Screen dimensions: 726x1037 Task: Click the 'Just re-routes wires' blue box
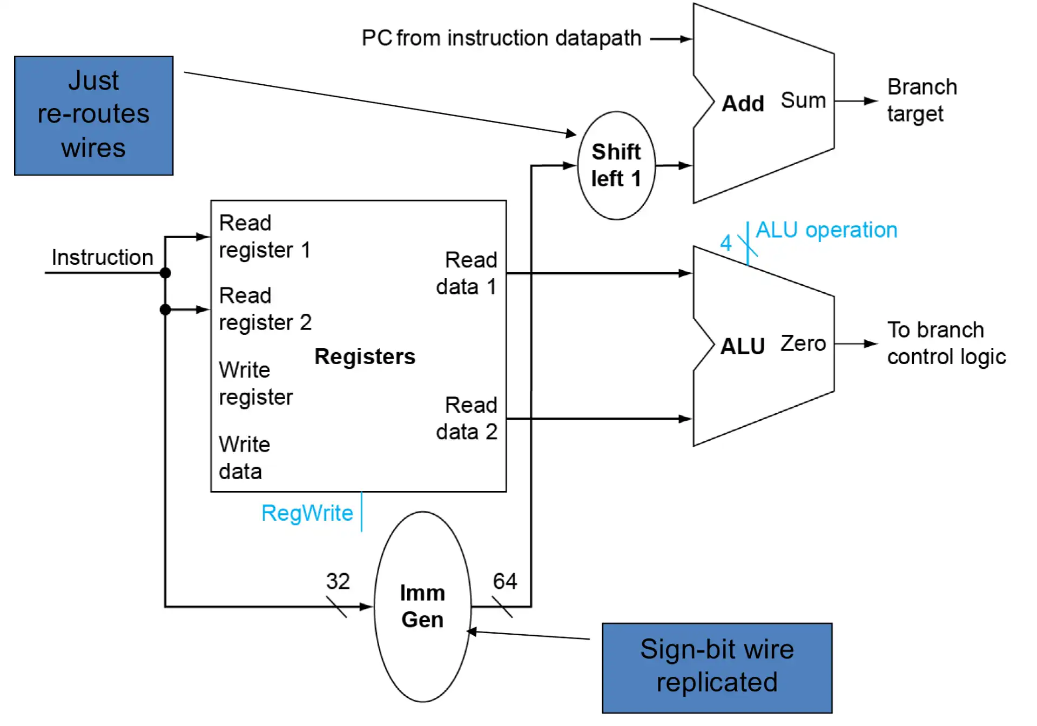pos(93,115)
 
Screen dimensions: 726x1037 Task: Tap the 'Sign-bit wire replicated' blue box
pos(717,668)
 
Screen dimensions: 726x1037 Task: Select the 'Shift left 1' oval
pos(616,165)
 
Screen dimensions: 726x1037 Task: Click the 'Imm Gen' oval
pos(422,606)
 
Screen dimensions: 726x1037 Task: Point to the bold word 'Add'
pos(743,103)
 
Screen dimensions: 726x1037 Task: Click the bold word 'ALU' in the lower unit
pos(742,346)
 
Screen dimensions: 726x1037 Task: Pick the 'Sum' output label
pos(803,100)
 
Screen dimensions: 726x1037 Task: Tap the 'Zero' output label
pos(803,344)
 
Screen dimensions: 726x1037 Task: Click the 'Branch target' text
pos(921,100)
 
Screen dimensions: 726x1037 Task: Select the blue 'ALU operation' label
pos(826,230)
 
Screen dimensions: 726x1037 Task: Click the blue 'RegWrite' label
pos(307,513)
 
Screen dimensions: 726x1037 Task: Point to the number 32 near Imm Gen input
pos(338,582)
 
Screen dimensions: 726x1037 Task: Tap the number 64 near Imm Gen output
pos(505,582)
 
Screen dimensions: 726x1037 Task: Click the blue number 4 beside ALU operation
pos(726,243)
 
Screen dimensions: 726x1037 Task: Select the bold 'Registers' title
pos(365,357)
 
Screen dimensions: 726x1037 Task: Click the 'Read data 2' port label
pos(467,419)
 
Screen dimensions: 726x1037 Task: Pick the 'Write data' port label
pos(244,458)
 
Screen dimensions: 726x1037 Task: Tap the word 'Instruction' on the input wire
pos(103,258)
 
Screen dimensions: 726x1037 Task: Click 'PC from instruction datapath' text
pos(501,38)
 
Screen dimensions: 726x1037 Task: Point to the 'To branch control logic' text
pos(946,344)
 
